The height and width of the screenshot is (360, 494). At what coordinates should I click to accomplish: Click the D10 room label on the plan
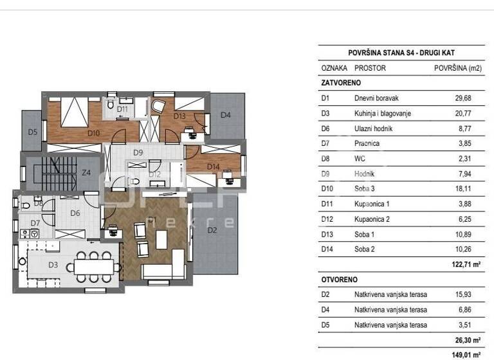tap(94, 133)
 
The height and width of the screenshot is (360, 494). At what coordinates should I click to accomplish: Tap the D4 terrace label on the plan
tap(226, 115)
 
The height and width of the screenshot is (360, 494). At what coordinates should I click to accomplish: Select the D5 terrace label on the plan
tap(32, 132)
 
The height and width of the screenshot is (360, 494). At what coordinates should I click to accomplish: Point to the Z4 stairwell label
tap(86, 172)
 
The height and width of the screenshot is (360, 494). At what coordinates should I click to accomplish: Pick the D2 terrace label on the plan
tap(212, 229)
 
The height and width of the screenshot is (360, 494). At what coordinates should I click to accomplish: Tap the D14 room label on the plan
tap(214, 166)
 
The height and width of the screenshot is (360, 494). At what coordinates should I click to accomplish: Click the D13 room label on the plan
tap(179, 116)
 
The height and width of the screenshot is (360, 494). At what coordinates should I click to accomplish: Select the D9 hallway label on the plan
tap(138, 152)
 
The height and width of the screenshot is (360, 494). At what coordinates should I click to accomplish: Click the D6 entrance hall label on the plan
tap(75, 213)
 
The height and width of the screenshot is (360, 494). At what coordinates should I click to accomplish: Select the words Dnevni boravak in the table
tap(377, 98)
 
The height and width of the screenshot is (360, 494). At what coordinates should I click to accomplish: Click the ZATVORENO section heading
tap(340, 83)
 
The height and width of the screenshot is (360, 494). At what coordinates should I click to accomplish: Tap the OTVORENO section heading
tap(339, 280)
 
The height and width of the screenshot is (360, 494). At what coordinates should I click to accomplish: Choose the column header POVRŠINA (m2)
tap(457, 67)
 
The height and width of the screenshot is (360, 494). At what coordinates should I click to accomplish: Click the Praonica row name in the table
tap(368, 143)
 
